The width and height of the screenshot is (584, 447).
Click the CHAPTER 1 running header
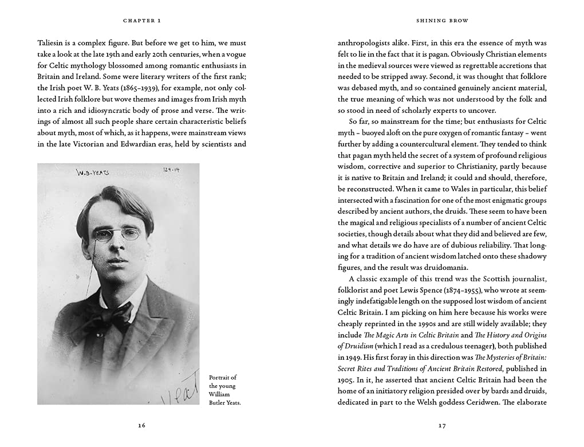pos(142,21)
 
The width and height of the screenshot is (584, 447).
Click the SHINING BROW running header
pos(442,21)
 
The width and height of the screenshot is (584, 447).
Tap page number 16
pos(142,425)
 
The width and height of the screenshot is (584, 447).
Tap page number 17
pos(442,425)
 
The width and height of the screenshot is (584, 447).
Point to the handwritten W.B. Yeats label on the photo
pos(92,172)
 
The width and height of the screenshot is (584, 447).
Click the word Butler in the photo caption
pos(218,403)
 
